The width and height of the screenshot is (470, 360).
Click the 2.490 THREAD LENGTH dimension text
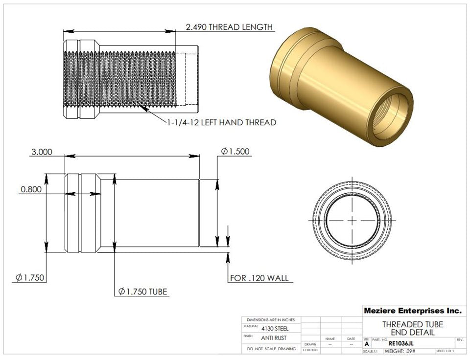click(x=229, y=27)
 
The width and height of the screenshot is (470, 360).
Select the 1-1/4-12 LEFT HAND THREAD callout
click(x=221, y=122)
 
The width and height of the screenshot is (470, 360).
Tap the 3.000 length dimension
click(x=42, y=152)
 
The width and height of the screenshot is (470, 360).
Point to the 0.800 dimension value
click(x=31, y=189)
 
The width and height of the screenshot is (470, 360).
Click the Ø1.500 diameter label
click(x=236, y=152)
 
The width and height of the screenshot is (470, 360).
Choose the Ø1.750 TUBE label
click(x=143, y=292)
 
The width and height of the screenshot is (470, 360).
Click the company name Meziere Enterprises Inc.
click(x=412, y=311)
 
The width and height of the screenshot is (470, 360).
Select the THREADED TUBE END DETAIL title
click(x=412, y=328)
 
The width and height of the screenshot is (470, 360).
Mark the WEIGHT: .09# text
click(x=399, y=351)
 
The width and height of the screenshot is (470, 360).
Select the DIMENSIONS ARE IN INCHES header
click(x=271, y=319)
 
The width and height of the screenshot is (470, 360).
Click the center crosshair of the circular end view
click(x=352, y=221)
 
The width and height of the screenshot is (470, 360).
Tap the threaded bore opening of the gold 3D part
click(x=391, y=113)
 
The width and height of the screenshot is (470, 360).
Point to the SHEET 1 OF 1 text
click(x=445, y=351)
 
